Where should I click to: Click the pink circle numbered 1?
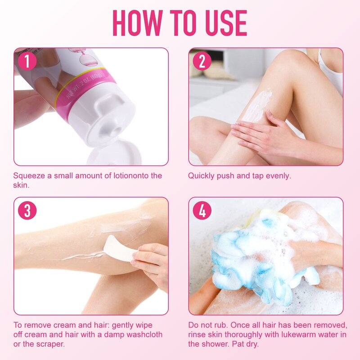tap(27, 61)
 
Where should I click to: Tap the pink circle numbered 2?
tap(202, 61)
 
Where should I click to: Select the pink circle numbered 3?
tap(27, 211)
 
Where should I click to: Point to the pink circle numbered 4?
tap(202, 211)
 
